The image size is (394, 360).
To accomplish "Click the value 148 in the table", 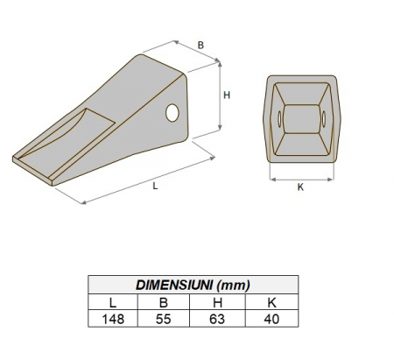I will click(x=114, y=319).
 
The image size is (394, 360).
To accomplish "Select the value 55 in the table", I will click(x=162, y=319).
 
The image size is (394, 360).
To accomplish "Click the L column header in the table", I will click(x=114, y=302).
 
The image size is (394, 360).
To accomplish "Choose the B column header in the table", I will click(x=162, y=302).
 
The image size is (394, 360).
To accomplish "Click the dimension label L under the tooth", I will click(x=156, y=187).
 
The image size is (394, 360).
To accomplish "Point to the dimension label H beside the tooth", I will click(x=226, y=96).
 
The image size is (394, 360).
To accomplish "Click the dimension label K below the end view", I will click(x=299, y=187).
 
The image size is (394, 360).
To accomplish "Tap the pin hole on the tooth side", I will click(x=172, y=112).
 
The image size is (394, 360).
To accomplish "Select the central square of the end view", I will click(x=300, y=119).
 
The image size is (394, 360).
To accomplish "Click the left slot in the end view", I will click(x=279, y=119).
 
